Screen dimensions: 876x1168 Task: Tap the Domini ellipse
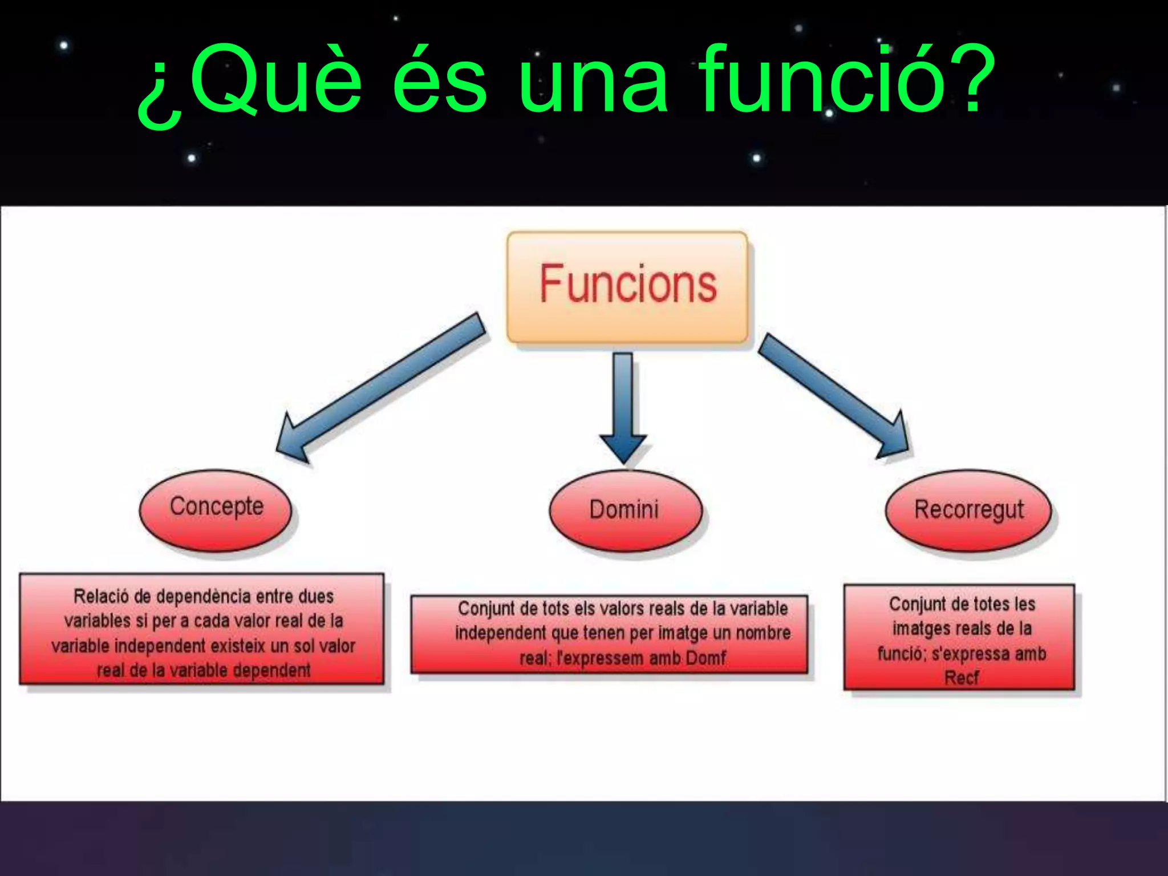(625, 510)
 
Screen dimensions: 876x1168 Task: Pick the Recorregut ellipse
(968, 510)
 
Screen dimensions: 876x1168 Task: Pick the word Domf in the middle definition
(705, 658)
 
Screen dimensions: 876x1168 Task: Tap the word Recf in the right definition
(961, 678)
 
